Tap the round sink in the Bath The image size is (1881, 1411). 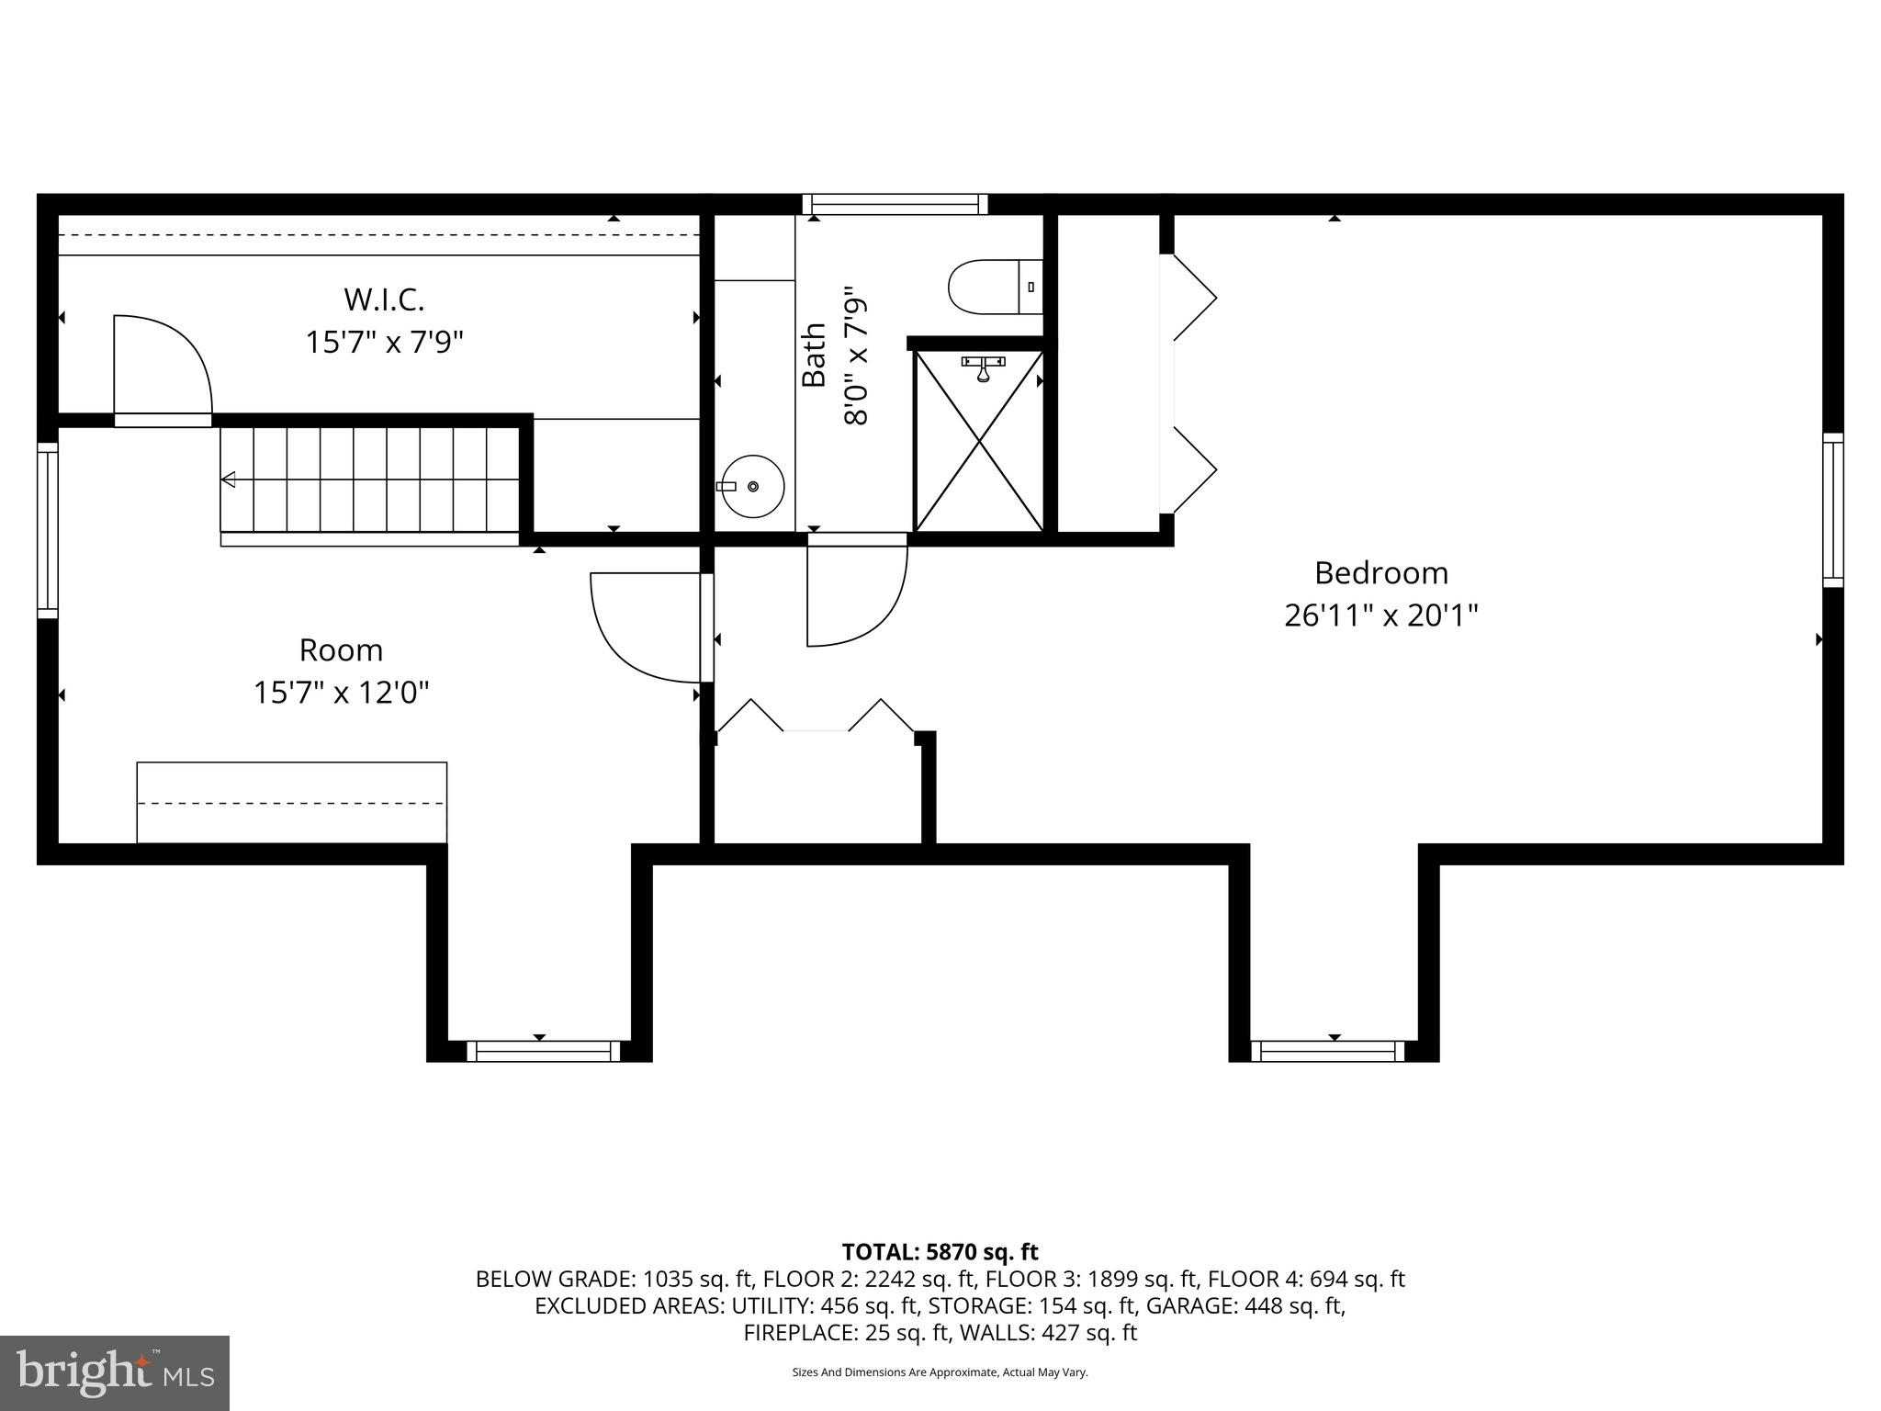click(x=752, y=486)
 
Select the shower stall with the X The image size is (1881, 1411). click(x=980, y=441)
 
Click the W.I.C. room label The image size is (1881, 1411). click(x=384, y=299)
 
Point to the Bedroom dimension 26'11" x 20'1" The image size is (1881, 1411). click(x=1380, y=615)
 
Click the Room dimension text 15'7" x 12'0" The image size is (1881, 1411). click(x=341, y=692)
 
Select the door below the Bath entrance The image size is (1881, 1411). click(x=856, y=595)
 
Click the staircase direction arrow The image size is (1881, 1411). click(x=229, y=480)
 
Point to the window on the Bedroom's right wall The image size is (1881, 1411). click(x=1832, y=510)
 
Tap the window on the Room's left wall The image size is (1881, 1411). click(x=48, y=530)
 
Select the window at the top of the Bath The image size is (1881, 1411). click(x=895, y=204)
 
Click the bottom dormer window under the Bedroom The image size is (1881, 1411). click(x=1333, y=1051)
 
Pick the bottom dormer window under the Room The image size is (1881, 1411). click(x=544, y=1051)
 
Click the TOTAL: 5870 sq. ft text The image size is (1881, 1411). click(x=940, y=1252)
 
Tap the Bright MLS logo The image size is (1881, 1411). click(x=115, y=1372)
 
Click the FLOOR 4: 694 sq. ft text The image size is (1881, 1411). click(x=1305, y=1279)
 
